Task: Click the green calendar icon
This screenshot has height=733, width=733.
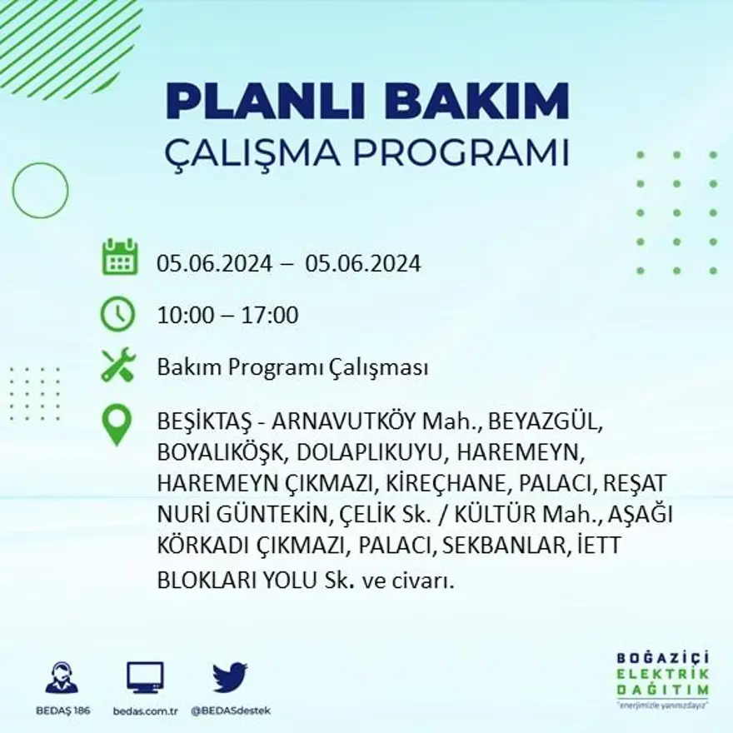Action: coord(119,257)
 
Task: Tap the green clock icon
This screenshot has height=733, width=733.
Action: coord(117,315)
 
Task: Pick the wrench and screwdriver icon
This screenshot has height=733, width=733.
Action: coord(117,365)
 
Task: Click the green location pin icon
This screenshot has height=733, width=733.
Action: coord(117,424)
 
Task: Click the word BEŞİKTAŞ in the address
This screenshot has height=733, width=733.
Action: coord(201,421)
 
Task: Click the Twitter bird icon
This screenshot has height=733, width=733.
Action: coord(230,677)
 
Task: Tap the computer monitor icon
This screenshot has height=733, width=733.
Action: coord(145,677)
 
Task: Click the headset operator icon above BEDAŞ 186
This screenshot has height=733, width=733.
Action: coord(62,678)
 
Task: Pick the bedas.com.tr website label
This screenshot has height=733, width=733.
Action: coord(145,711)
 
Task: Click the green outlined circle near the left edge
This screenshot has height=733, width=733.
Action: coord(40,191)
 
